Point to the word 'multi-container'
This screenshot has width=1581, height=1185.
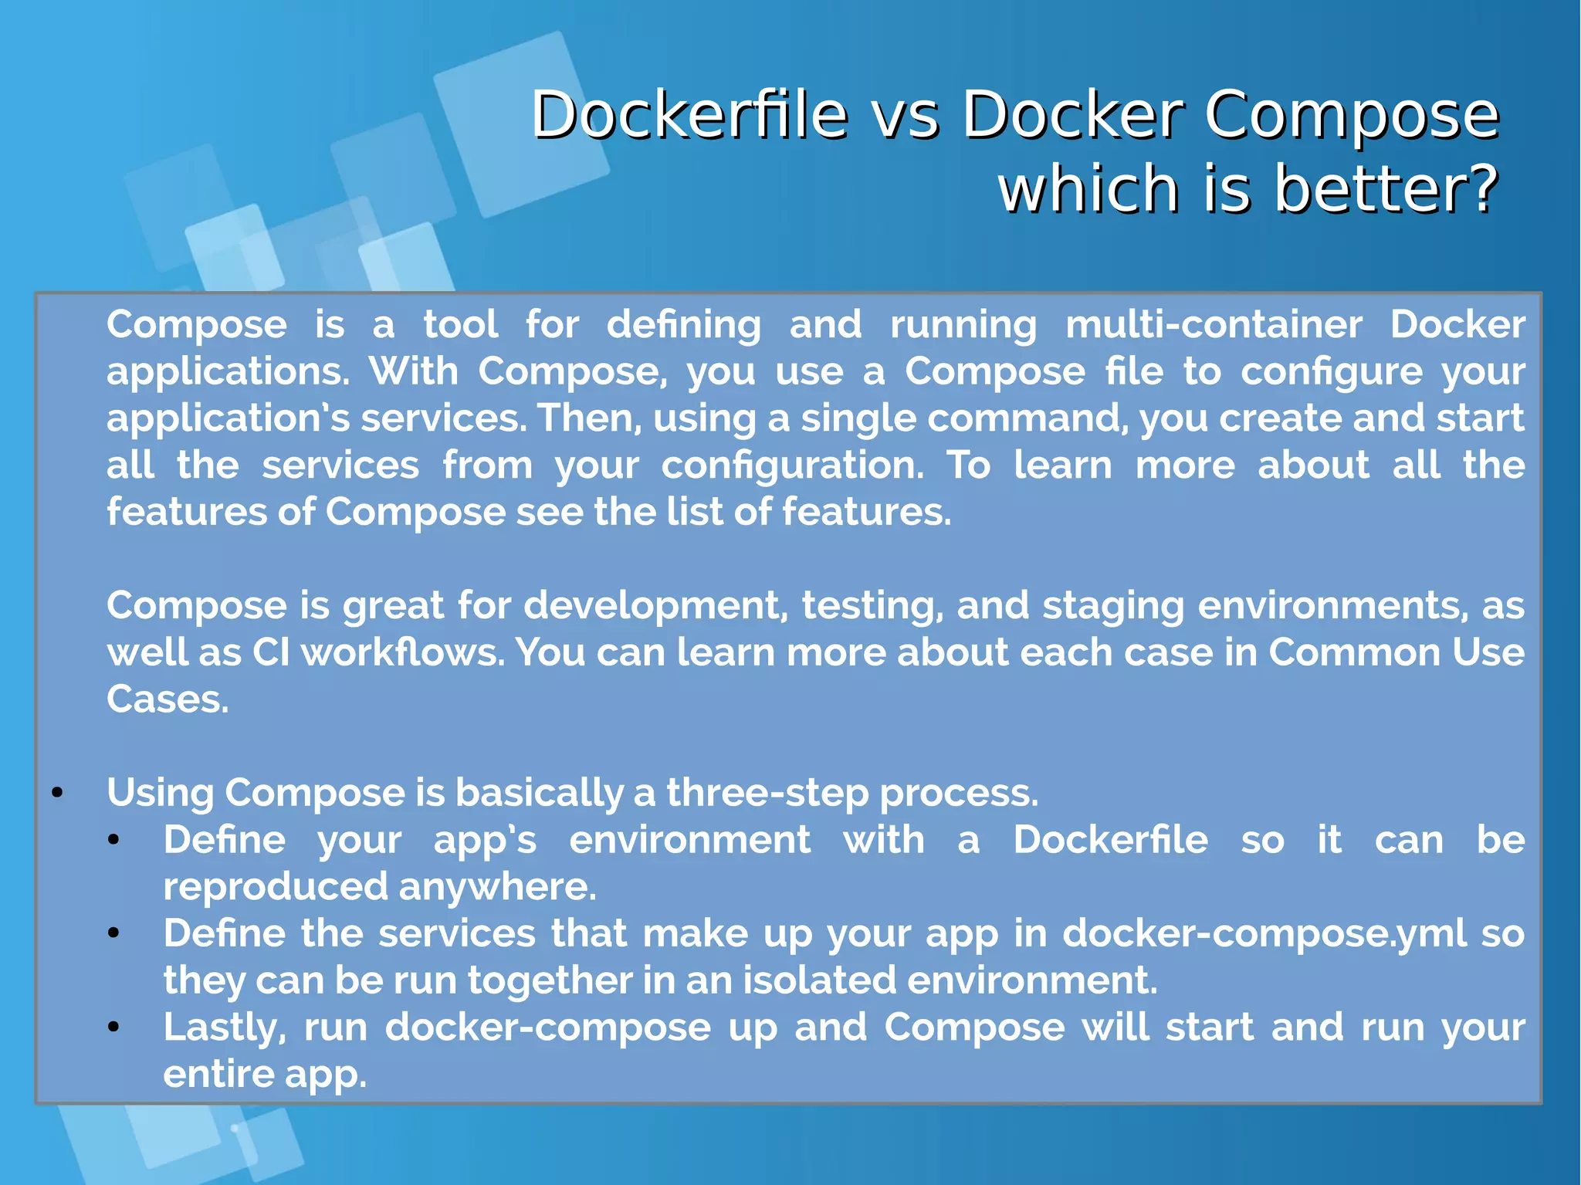1214,324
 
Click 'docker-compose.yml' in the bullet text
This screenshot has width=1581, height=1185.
1264,933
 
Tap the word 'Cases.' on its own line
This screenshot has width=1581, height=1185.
168,699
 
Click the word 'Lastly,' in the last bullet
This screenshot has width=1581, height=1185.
225,1028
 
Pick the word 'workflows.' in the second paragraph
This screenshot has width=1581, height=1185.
402,652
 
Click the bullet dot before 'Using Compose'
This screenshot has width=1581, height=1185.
57,794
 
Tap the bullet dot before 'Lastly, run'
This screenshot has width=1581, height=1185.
113,1028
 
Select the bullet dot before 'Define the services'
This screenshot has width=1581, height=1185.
113,934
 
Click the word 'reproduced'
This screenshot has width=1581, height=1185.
275,887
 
